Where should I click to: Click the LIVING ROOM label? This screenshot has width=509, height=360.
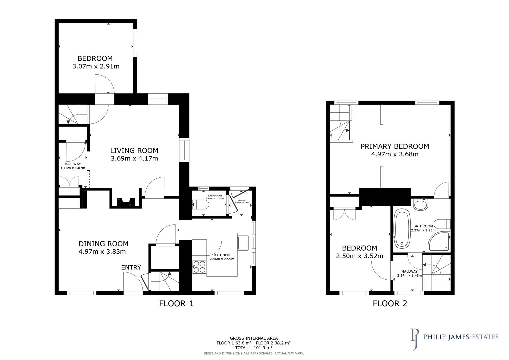coord(134,150)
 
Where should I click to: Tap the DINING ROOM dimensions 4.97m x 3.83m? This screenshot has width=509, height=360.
coord(102,252)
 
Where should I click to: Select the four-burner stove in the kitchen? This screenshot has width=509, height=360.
coord(199,267)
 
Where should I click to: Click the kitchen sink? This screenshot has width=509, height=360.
coord(243,243)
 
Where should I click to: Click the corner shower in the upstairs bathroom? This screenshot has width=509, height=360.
coord(438,242)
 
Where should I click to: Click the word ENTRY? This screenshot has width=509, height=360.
coord(131,267)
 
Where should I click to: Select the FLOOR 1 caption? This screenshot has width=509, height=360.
coord(176,304)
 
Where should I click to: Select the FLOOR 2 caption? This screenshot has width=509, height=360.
coord(390,304)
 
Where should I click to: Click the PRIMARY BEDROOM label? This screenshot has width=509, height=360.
coord(395,146)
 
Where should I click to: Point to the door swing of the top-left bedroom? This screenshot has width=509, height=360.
coord(104,84)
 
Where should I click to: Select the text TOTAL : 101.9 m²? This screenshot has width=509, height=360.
coord(253,348)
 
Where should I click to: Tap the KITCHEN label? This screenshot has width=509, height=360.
coord(222,255)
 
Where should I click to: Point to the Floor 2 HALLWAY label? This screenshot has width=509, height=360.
coord(409,272)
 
